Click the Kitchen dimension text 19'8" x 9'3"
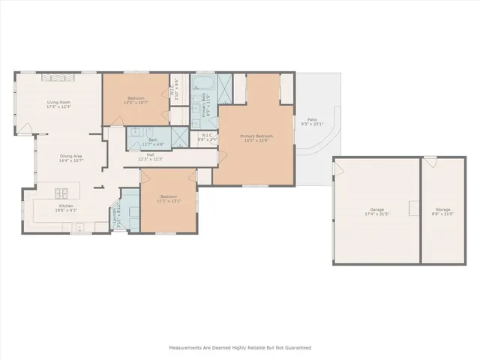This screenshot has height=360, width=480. click(62, 210)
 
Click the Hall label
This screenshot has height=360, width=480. click(151, 155)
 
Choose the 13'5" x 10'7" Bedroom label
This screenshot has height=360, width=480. click(136, 100)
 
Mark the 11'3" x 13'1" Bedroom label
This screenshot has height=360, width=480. click(168, 198)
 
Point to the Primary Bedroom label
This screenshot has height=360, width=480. click(253, 137)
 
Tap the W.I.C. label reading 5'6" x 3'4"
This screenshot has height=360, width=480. click(207, 137)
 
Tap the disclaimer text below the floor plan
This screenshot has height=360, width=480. click(240, 347)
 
